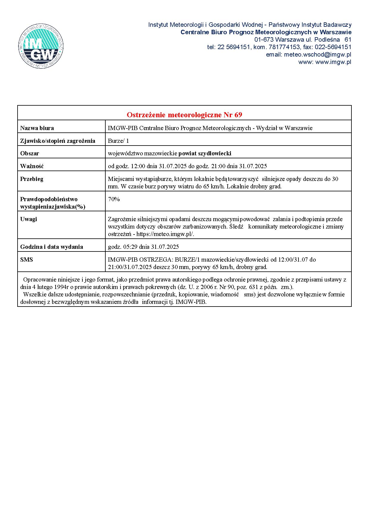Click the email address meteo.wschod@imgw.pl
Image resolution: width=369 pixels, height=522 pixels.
(318, 54)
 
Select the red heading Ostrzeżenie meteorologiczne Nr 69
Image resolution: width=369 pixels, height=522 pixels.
(184, 115)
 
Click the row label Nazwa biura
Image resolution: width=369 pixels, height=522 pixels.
(37, 128)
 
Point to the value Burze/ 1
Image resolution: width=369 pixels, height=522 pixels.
(118, 141)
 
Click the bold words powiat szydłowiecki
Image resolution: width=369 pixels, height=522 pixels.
(205, 153)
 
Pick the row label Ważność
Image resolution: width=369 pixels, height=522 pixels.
(32, 166)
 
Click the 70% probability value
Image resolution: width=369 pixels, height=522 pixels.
(114, 199)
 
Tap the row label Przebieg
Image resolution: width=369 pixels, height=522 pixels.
(32, 179)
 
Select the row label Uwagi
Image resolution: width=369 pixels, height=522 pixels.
(29, 219)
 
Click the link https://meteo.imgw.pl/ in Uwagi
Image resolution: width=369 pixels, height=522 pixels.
(165, 234)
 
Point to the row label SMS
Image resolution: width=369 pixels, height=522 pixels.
(26, 260)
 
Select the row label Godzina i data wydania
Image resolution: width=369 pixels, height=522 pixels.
(51, 247)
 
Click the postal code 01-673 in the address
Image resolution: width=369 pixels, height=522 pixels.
(264, 40)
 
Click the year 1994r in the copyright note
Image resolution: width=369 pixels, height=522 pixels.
(59, 287)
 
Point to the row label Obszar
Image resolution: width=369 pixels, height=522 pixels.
(29, 153)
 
